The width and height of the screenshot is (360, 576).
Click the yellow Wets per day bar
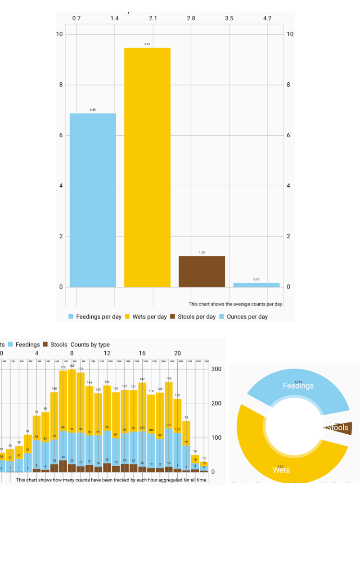pyautogui.click(x=147, y=167)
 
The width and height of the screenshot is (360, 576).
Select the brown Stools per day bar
pyautogui.click(x=202, y=271)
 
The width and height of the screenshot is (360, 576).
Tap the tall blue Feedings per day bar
pyautogui.click(x=93, y=200)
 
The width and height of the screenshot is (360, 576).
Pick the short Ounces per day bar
pyautogui.click(x=256, y=285)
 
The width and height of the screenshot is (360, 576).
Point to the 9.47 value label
pyautogui.click(x=147, y=44)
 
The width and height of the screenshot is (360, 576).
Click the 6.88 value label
pyautogui.click(x=93, y=110)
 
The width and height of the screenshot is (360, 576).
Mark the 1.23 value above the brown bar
pyautogui.click(x=202, y=252)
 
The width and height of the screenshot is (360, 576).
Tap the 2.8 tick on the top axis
pyautogui.click(x=191, y=18)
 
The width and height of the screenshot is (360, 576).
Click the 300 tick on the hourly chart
pyautogui.click(x=216, y=369)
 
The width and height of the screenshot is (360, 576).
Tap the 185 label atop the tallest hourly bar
pyautogui.click(x=72, y=366)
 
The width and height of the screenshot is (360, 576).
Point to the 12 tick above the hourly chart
pyautogui.click(x=107, y=353)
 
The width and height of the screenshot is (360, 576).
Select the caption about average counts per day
pyautogui.click(x=235, y=304)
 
